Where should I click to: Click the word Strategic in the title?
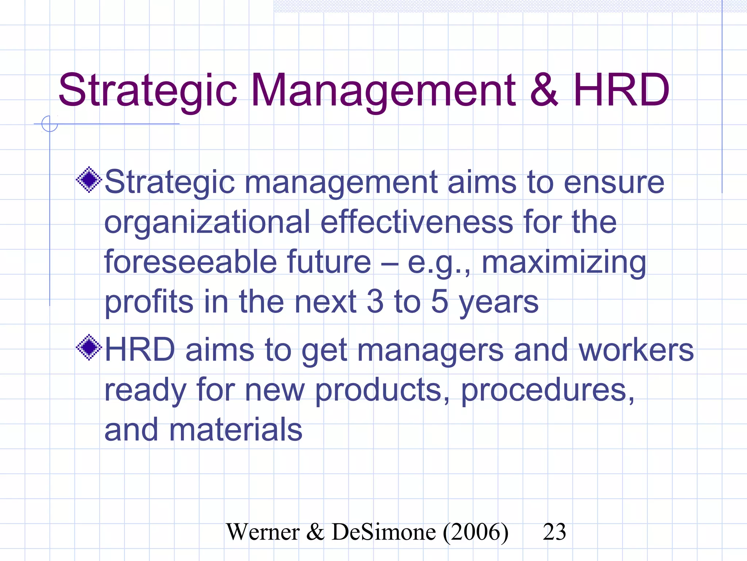point(148,91)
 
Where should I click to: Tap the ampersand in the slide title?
point(543,91)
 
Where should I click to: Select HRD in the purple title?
point(621,91)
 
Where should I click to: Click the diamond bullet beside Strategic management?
point(89,180)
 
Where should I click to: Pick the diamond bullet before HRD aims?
point(89,347)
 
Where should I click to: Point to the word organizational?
point(207,223)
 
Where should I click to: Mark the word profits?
point(149,302)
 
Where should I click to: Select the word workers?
point(636,350)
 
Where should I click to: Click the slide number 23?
point(554,532)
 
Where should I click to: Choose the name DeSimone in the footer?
point(384,532)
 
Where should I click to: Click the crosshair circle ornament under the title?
point(50,124)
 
